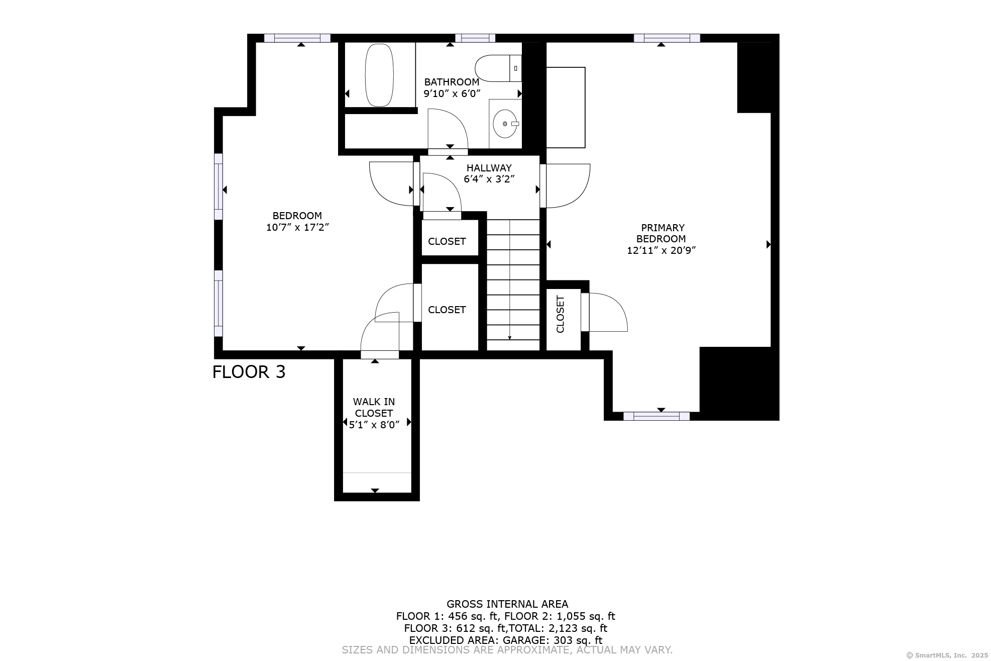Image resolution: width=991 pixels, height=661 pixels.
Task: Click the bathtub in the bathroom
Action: pos(379,75)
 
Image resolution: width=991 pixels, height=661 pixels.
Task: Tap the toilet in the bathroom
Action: pos(498,68)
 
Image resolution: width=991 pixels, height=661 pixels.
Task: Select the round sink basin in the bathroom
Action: pos(505,124)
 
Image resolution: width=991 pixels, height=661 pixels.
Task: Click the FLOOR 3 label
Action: pos(249,372)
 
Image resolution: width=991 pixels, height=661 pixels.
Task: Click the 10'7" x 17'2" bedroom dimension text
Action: pos(297,227)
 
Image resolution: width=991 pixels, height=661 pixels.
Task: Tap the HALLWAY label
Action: pos(489,168)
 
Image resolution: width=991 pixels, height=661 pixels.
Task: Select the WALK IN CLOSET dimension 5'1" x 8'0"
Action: pos(374,425)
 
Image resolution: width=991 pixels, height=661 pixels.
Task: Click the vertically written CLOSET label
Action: pos(561,314)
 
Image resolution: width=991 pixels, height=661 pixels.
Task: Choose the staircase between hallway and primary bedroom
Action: pos(513,285)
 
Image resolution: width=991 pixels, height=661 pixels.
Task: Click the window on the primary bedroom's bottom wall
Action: pos(656,416)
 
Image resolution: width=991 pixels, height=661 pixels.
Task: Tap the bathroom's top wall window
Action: pos(475,38)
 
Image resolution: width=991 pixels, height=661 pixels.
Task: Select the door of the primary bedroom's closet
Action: pos(604,312)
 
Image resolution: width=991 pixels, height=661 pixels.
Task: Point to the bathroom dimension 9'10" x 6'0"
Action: pos(452,93)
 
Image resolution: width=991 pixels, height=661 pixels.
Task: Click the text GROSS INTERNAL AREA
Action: pos(507,604)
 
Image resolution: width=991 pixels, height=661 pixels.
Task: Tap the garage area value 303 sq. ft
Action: pos(578,640)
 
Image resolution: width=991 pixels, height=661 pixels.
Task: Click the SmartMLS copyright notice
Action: pos(947,655)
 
